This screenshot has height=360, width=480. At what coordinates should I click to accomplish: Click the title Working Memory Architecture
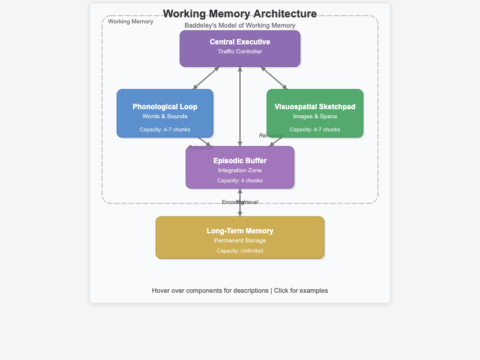point(240,14)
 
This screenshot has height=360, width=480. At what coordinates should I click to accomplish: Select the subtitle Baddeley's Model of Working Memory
point(240,26)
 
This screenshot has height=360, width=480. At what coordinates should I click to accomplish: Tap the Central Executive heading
point(240,42)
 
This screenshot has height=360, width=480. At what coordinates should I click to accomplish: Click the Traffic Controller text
point(240,52)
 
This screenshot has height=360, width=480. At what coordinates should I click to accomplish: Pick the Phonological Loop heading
point(165,107)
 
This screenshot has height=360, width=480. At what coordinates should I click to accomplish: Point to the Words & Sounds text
point(165,116)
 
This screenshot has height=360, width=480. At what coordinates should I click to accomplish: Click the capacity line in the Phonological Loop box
point(165,129)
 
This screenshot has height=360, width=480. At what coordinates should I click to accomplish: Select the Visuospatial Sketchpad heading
point(315,107)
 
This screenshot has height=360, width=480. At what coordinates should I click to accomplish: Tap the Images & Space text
point(315,116)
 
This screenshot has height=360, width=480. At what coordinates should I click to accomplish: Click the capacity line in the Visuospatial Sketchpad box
point(315,129)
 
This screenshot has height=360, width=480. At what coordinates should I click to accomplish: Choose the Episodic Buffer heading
point(240,161)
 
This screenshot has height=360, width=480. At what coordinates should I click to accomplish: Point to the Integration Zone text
point(240,170)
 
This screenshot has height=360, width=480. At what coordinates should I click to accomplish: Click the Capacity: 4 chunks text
point(240,181)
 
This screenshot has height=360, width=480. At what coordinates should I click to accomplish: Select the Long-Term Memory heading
point(240,231)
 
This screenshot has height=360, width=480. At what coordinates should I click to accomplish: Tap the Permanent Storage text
point(240,241)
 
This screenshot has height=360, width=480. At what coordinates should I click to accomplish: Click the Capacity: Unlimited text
point(240,251)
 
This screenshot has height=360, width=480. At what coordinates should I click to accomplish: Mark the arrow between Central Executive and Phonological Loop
point(206,78)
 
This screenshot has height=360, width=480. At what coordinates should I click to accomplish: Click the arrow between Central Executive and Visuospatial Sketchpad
point(274,78)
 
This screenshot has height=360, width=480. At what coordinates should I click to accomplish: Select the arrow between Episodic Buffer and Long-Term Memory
point(240,209)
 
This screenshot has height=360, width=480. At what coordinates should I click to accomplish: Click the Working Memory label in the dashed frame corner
point(131,22)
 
